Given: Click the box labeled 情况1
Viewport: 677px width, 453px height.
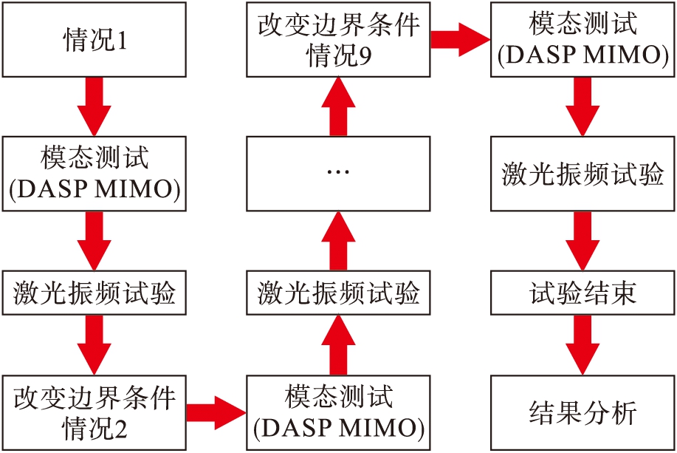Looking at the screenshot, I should pos(94,39).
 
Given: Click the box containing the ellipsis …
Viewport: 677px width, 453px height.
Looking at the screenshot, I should pos(338,171).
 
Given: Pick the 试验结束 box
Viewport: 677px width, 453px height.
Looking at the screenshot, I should pos(583,293).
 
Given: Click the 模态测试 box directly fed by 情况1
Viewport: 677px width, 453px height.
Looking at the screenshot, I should pos(94,171).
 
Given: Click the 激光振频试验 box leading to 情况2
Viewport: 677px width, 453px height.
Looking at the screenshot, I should pos(94,293).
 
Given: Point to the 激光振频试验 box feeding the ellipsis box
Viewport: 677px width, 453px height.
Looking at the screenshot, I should pos(338,293).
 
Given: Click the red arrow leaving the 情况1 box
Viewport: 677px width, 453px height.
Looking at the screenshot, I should pos(94,105).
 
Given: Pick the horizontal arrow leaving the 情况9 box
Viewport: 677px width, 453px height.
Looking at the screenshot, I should pos(460,39).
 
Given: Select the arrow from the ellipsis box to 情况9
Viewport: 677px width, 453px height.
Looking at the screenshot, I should pos(338,105).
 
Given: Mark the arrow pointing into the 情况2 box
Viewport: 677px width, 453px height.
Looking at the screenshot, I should pos(94,344).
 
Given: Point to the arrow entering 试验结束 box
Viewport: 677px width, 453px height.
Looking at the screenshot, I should pos(583,240).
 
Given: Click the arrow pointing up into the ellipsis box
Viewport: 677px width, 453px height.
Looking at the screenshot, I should pos(338,240).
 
